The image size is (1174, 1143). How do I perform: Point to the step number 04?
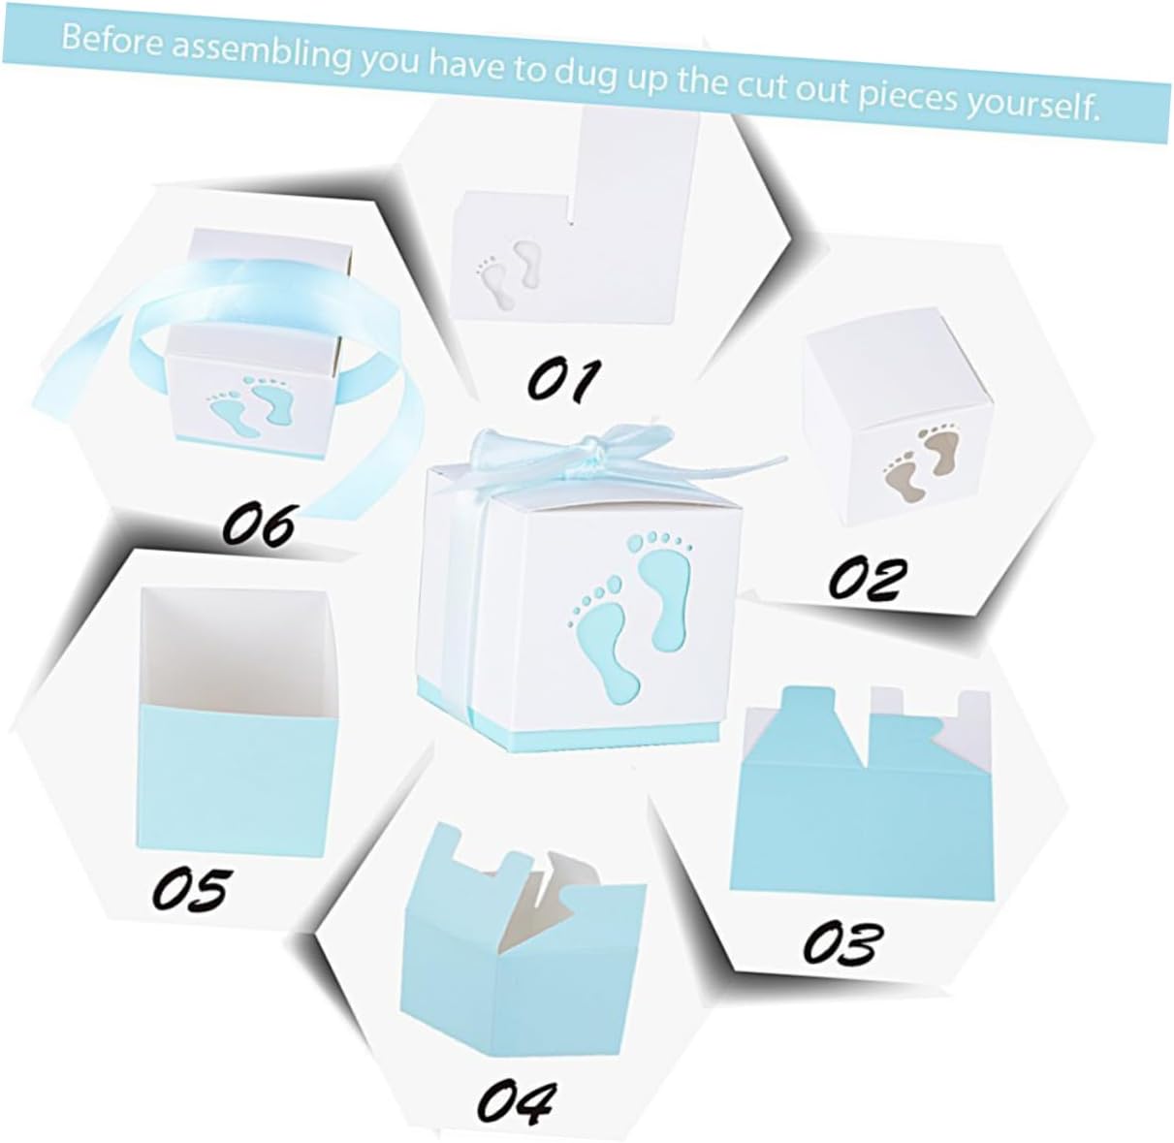pyautogui.click(x=516, y=1099)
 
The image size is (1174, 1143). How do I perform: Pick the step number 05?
pyautogui.click(x=192, y=888)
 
